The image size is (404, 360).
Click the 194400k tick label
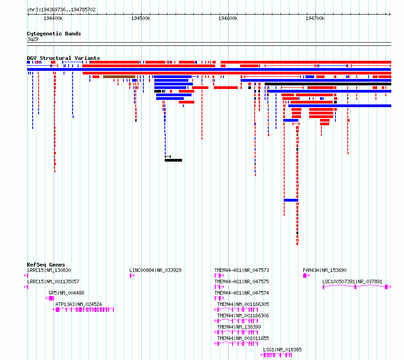53,18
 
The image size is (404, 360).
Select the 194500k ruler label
141,18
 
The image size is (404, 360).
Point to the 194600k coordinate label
228,18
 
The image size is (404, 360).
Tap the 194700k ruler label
315,18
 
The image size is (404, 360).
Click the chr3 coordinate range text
61,10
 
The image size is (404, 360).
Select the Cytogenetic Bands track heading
54,34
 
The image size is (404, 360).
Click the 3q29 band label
33,39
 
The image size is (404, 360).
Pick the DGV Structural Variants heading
64,58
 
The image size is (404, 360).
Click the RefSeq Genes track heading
46,265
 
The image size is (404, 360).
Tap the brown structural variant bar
119,77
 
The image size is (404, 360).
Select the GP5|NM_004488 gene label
66,293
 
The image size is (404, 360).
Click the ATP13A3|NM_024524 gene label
79,304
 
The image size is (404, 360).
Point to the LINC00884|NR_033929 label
155,270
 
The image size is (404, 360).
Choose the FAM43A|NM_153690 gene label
325,270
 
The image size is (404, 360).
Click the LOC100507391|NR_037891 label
352,281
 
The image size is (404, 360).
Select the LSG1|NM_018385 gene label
282,350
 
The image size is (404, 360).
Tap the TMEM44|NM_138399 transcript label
239,327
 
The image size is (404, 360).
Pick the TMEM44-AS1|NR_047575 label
241,281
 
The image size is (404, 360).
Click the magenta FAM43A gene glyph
306,276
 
